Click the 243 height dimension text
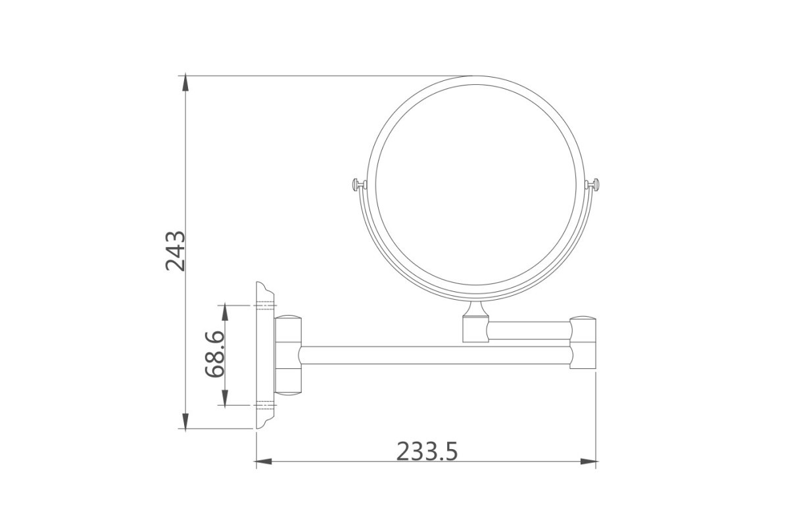tap(175, 251)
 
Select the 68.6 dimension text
tap(214, 354)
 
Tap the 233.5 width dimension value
tap(427, 451)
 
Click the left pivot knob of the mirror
tap(359, 184)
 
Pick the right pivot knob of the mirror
tap(592, 184)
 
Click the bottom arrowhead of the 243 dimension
tap(185, 420)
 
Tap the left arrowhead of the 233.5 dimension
tap(264, 461)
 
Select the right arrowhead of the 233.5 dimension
tap(588, 461)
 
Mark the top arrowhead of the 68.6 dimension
tap(225, 313)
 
